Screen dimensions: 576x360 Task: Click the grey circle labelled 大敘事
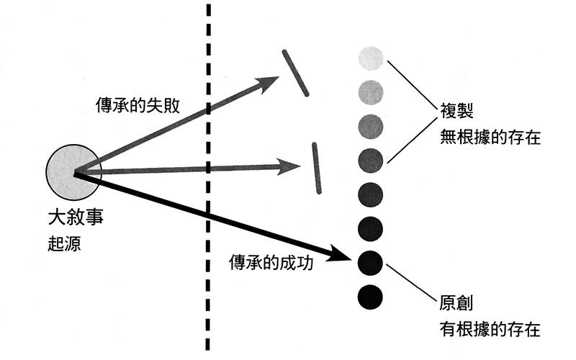[73, 173]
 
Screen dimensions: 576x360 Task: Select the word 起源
[61, 243]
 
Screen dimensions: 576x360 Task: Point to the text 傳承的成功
[271, 261]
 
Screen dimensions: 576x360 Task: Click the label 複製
[456, 113]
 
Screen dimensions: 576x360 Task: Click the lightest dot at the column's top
[371, 58]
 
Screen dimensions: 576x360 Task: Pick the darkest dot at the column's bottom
[371, 296]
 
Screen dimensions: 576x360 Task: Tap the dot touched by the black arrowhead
[371, 261]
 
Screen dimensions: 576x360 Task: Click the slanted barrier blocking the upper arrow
[296, 73]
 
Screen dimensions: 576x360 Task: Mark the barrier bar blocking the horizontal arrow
[317, 168]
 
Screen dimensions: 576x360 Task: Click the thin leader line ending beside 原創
[411, 281]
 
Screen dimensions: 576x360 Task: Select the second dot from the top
[371, 91]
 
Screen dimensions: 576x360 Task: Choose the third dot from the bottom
[371, 228]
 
